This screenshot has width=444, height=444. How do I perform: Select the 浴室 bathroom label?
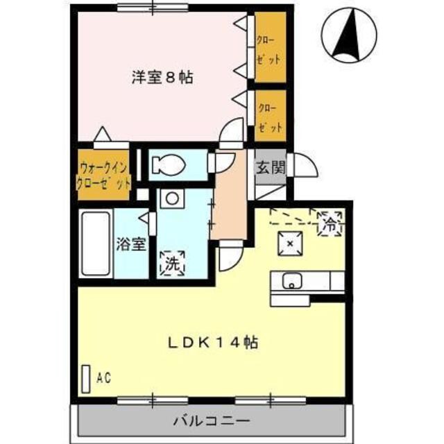coord(130,244)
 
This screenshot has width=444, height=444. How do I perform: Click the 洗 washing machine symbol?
coord(171,262)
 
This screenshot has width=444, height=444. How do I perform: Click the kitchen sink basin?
coord(291,281)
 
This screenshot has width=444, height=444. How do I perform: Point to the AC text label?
coord(103,378)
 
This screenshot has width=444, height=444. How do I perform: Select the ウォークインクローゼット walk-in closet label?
coord(103,176)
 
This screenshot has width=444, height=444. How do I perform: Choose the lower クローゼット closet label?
coord(270,116)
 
